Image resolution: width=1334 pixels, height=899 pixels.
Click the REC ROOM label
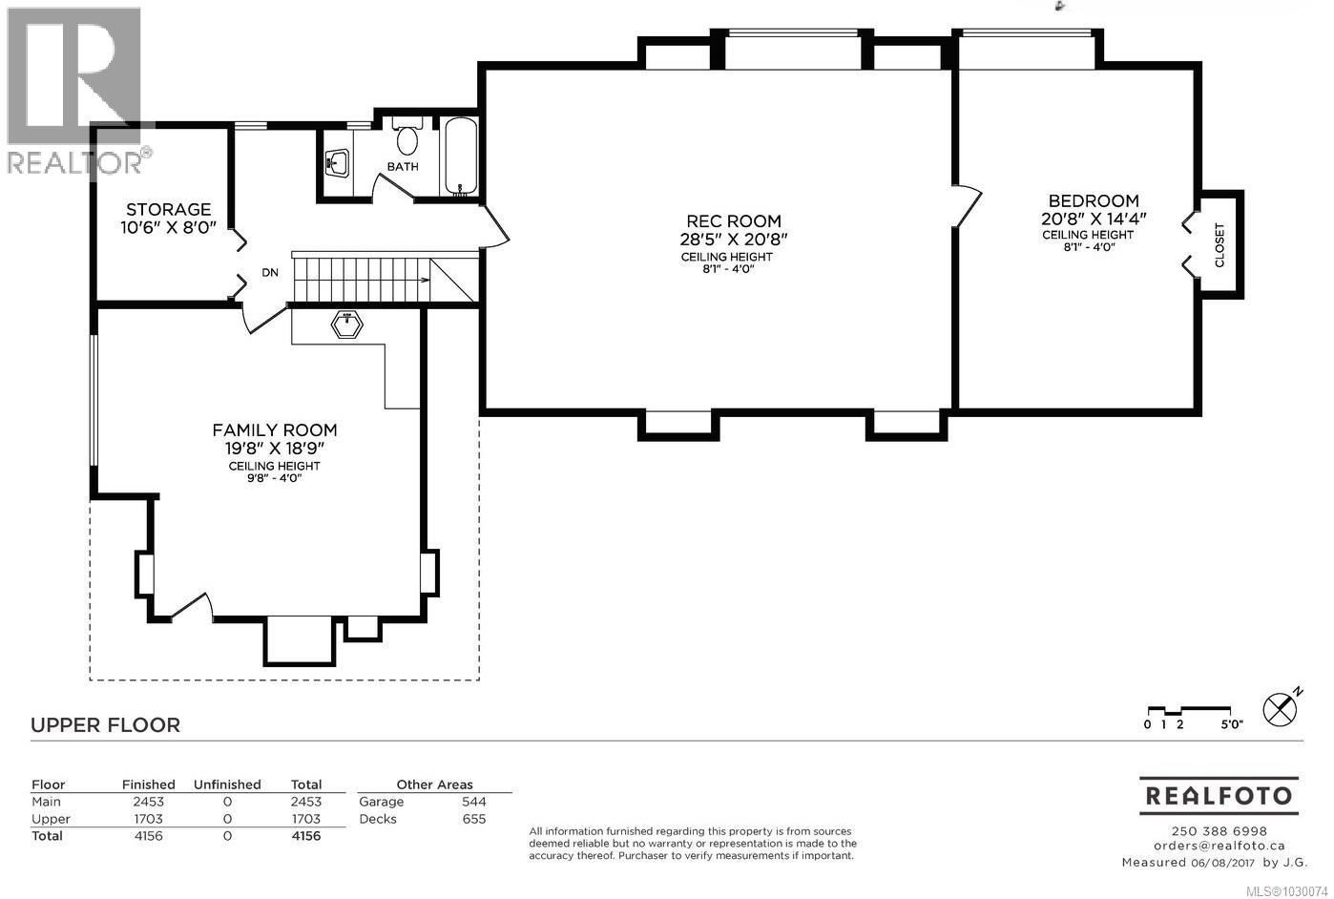coord(733,220)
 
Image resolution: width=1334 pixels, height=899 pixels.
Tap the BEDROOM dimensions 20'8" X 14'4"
coord(1093,218)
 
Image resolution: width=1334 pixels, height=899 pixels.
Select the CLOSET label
coord(1219,244)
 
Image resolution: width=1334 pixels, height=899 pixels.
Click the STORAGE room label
coord(169,209)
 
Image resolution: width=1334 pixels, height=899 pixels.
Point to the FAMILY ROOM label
coord(274,429)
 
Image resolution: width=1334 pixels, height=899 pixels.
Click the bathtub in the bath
coord(462,157)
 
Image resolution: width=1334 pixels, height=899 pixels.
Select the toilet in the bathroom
coord(407,139)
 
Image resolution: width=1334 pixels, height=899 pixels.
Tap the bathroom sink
coord(336,164)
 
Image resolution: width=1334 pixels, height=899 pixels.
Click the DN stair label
coord(270,273)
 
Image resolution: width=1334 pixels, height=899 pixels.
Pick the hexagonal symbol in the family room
coord(347,325)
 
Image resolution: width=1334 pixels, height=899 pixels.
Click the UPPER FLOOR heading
coord(105,724)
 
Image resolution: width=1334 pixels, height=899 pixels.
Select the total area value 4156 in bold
coord(305,836)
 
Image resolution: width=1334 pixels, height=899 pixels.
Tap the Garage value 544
coord(473,802)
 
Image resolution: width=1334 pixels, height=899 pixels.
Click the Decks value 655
coord(473,819)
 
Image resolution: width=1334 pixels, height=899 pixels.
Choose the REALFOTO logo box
coord(1219,795)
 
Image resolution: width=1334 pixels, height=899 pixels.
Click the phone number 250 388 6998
coord(1219,830)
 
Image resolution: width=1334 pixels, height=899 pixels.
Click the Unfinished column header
coord(227,784)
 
